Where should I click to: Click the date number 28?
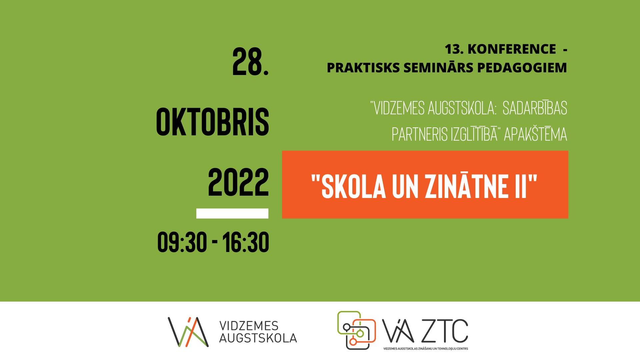250,62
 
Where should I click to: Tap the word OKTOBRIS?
212,122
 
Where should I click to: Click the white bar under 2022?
232,213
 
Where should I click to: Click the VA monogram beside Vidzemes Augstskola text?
188,332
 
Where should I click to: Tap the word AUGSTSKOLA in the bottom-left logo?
258,338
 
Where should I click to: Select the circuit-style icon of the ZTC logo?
356,330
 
